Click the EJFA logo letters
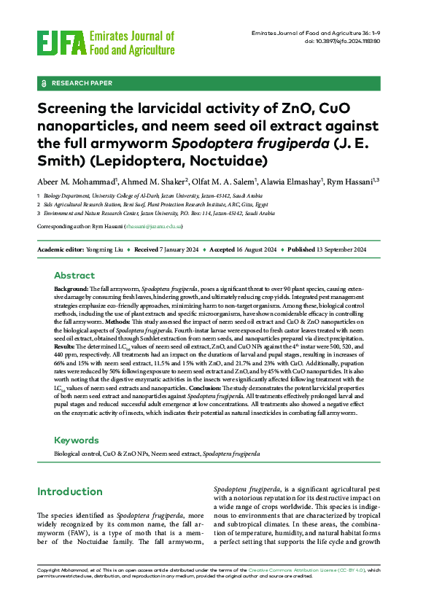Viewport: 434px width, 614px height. (61, 42)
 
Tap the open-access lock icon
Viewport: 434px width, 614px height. (45, 83)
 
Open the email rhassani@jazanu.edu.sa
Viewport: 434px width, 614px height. (154, 227)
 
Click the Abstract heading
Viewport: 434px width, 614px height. (74, 276)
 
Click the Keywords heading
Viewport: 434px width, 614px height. (77, 440)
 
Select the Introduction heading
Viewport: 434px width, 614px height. (80, 491)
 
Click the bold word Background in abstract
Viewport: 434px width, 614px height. (71, 289)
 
